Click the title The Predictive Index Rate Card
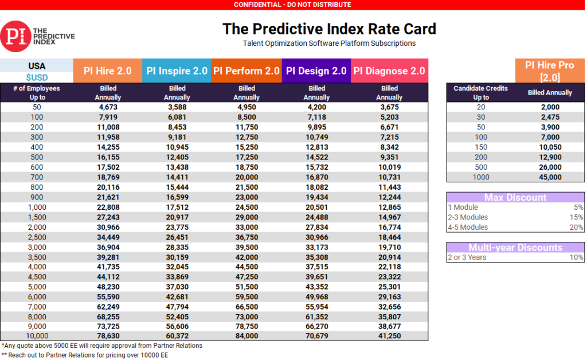(329, 29)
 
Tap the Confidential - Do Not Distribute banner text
(292, 5)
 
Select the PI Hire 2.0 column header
(108, 71)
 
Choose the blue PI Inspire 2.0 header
(177, 71)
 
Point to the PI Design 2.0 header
(316, 71)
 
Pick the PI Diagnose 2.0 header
(389, 71)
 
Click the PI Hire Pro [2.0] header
(549, 71)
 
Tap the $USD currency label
(37, 77)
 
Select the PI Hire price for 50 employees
(108, 107)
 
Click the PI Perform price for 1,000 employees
(246, 207)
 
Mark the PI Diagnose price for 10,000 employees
(389, 336)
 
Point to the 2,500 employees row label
(37, 237)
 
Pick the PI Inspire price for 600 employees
(177, 167)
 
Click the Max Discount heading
(515, 197)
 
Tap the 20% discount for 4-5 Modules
(577, 227)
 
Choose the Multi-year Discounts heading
(515, 248)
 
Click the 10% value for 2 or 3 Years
(577, 257)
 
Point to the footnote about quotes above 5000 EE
(102, 346)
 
